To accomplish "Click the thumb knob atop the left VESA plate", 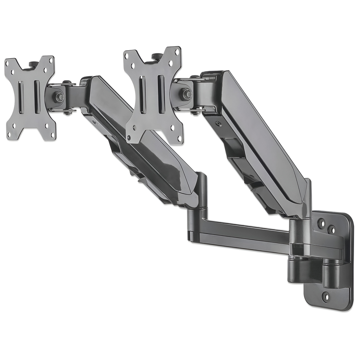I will point(34,64).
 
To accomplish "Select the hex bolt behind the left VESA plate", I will point(60,97).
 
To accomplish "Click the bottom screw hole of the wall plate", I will point(325,297).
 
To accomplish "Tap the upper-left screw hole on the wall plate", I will point(321,223).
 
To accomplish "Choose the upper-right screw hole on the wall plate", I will point(331,230).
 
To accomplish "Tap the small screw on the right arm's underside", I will point(219,124).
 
